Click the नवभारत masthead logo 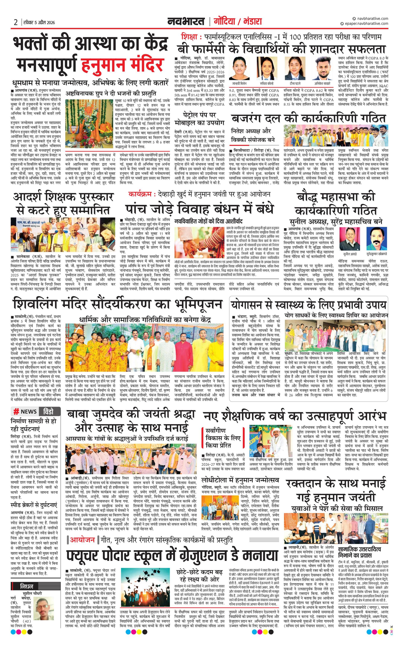[x=186, y=21]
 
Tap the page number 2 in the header [x=16, y=22]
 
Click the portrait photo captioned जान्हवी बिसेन [x=239, y=68]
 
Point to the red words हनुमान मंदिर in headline [x=122, y=65]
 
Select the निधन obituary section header [x=27, y=586]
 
